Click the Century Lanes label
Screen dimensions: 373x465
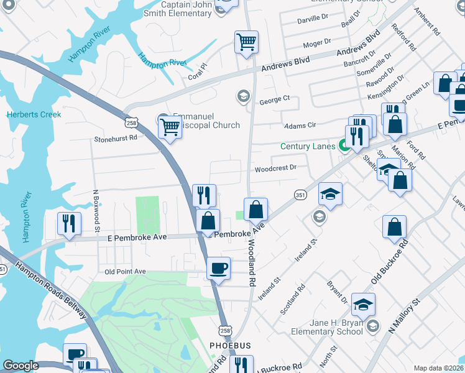308,147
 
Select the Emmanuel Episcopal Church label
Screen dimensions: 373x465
206,121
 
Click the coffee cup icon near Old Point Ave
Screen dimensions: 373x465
218,269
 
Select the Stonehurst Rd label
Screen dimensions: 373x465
116,139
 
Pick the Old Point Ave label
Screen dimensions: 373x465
125,272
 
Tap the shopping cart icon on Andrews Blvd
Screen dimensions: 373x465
246,43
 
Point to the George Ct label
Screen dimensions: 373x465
275,99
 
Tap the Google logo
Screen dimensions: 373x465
21,366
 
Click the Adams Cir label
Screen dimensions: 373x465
300,126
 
